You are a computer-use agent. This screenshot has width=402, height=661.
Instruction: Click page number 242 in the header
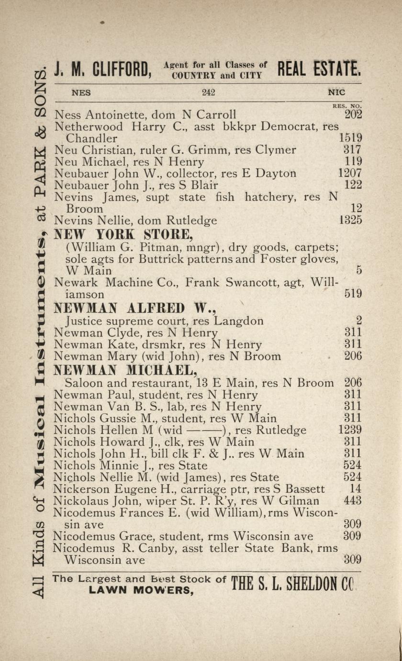pos(208,93)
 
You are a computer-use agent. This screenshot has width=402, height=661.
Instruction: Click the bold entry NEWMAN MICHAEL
pos(125,370)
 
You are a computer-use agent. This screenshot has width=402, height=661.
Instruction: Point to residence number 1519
pos(350,138)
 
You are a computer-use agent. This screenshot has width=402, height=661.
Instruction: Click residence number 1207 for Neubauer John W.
pos(350,173)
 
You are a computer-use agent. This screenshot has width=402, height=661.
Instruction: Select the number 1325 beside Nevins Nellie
pos(350,220)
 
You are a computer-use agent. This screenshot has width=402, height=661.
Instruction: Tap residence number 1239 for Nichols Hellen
pos(350,430)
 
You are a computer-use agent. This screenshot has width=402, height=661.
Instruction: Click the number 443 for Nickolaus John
pos(353,501)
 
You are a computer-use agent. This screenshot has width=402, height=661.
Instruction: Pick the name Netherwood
pos(89,127)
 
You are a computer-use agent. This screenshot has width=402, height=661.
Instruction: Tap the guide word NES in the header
pos(81,93)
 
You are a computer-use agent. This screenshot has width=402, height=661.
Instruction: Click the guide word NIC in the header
pos(336,93)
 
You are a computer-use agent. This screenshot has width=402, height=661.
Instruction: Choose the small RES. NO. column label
pos(347,106)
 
